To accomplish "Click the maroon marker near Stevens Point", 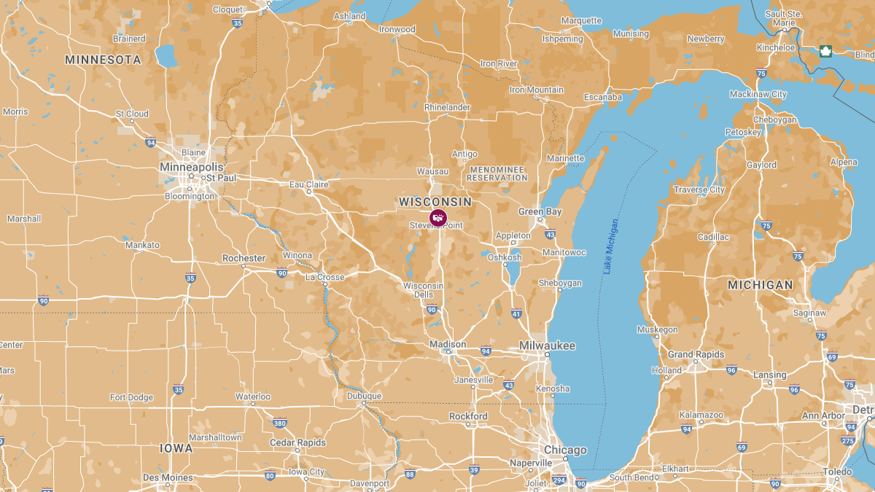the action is tap(437, 217).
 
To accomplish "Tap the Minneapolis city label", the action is tap(191, 167).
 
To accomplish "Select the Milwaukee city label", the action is tap(547, 345).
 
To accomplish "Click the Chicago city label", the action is tap(565, 450).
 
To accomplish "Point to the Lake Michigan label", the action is tap(611, 246).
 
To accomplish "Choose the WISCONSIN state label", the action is tap(435, 202).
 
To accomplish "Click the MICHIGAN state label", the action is tap(760, 285).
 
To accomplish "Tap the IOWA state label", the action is tap(176, 448).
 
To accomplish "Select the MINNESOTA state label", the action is tap(103, 60).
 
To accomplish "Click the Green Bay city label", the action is tap(540, 211).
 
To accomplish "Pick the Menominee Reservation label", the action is tap(497, 173).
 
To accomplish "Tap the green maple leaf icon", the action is tap(826, 51).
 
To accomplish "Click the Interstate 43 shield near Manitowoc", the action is tap(550, 235).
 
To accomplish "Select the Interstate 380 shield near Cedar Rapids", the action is tap(279, 423).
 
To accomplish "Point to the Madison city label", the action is tap(448, 344).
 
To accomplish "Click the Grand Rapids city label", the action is tap(696, 355).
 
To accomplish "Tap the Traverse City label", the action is tap(699, 190).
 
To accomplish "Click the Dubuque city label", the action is tap(363, 396).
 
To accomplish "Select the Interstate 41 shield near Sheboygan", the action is tap(516, 314).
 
